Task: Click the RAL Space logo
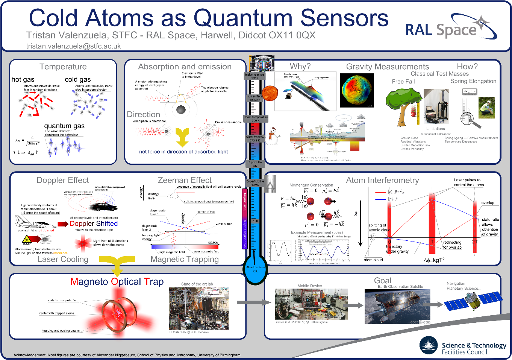[x=450, y=28]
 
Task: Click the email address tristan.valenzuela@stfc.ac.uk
[x=73, y=46]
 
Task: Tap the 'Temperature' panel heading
[x=63, y=67]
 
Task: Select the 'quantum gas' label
[x=64, y=126]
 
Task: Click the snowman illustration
[x=273, y=136]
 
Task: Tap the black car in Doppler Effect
[x=104, y=206]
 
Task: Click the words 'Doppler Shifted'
[x=94, y=223]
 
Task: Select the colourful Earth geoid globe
[x=357, y=90]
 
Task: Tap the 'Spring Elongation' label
[x=473, y=81]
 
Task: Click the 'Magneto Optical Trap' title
[x=117, y=282]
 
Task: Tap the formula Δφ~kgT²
[x=434, y=260]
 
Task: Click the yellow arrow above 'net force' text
[x=183, y=137]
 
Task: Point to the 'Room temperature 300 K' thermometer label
[x=256, y=118]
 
